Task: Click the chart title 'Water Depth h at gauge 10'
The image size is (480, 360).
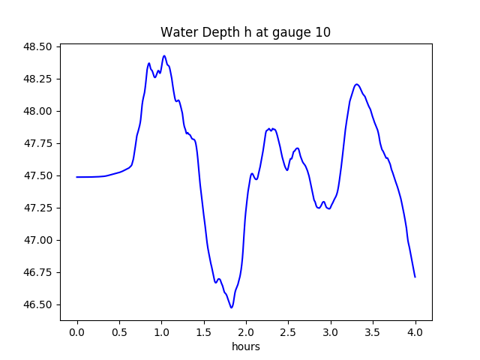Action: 245,33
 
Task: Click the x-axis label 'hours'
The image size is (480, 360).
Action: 245,347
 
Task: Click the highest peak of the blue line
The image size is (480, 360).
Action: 163,55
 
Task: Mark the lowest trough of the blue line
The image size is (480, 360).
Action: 232,307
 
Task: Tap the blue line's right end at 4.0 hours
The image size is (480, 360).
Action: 415,277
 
